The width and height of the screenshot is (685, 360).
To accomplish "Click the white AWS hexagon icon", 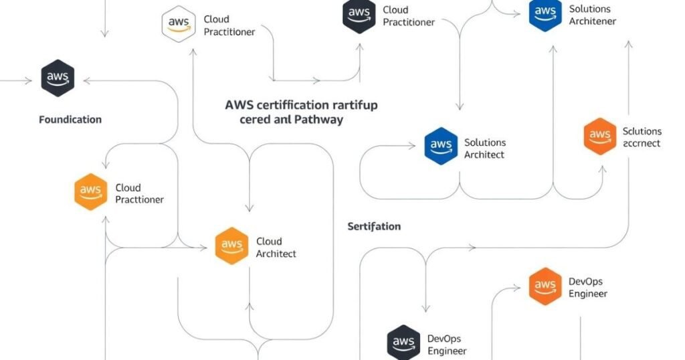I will (x=179, y=25).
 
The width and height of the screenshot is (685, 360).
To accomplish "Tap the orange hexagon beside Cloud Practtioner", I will (x=90, y=192).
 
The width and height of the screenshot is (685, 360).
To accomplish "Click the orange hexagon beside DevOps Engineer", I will (x=545, y=287).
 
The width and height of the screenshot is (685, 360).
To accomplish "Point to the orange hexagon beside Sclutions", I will (x=599, y=137).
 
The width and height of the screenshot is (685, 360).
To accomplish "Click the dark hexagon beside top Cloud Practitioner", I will (x=359, y=15).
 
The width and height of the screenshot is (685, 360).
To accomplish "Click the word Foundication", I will (x=70, y=120).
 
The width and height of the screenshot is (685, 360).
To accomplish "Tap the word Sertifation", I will (x=374, y=226).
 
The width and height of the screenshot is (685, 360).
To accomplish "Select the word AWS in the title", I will (x=239, y=105).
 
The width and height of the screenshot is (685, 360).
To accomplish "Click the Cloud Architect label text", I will (x=276, y=248).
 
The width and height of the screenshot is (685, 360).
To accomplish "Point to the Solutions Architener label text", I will (x=592, y=15).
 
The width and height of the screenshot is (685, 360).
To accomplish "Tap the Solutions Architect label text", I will (x=485, y=149).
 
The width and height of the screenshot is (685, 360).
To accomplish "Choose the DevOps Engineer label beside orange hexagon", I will (x=587, y=287).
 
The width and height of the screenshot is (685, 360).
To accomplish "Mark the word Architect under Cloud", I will (x=276, y=254).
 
